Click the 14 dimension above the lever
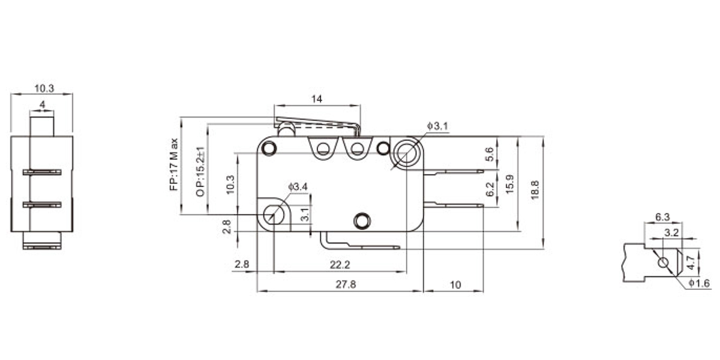coord(317,99)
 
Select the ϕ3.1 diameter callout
coord(437,125)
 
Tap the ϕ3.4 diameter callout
coord(298,187)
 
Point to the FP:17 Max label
coord(174,164)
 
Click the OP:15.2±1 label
coord(201,171)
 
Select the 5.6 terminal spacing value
coord(490,154)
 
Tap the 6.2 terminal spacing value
coord(490,190)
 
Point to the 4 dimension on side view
coord(41,104)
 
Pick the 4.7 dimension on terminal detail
coord(690,262)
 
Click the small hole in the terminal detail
coord(662,263)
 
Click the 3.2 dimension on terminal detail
coord(672,231)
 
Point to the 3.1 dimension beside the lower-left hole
coord(305,214)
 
